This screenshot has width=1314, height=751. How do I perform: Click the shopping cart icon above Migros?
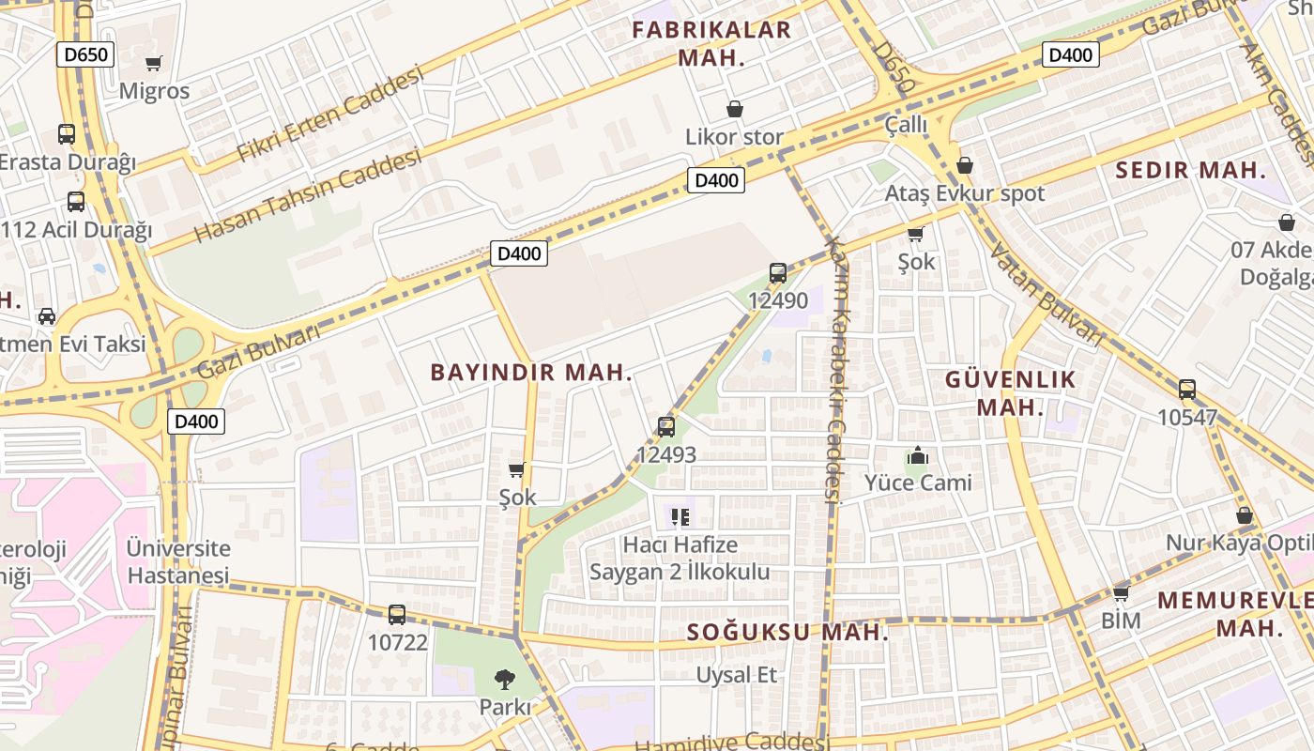pos(153,64)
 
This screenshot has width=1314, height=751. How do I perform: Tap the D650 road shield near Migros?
pos(85,54)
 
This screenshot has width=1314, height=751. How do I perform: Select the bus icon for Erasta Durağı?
pos(66,134)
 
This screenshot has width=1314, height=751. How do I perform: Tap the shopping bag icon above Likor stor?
pos(734,110)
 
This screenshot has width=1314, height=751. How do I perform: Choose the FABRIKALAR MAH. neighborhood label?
pos(711,43)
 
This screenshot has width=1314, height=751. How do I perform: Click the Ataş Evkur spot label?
pos(965,194)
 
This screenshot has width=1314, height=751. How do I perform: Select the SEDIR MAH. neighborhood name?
pos(1190,171)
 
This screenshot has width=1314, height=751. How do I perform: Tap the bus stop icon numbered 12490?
pos(777,273)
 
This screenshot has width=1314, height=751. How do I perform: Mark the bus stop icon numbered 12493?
pos(666,427)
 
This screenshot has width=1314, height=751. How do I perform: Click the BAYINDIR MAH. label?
pos(531,373)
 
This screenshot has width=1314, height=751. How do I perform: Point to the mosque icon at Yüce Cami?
pos(917,457)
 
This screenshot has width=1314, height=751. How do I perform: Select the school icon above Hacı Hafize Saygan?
pos(680,516)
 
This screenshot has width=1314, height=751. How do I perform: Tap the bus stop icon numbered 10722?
pos(397,615)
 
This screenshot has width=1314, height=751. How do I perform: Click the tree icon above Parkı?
pos(505,679)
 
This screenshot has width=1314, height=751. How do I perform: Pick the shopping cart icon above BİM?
pos(1120,593)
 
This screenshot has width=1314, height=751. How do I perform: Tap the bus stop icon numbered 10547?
pos(1186,390)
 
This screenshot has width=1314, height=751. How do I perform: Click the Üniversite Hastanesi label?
pos(178,561)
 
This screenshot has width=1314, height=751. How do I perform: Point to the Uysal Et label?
pos(737,675)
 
